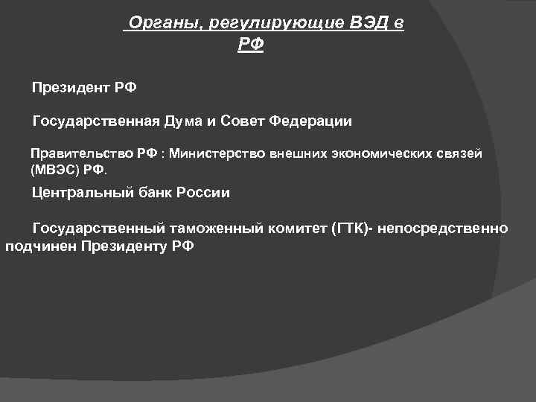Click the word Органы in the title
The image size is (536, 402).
(165, 23)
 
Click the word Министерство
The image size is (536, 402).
(216, 153)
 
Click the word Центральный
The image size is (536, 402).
(79, 193)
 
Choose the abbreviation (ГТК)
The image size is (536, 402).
(348, 228)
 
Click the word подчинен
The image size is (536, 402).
(35, 246)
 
